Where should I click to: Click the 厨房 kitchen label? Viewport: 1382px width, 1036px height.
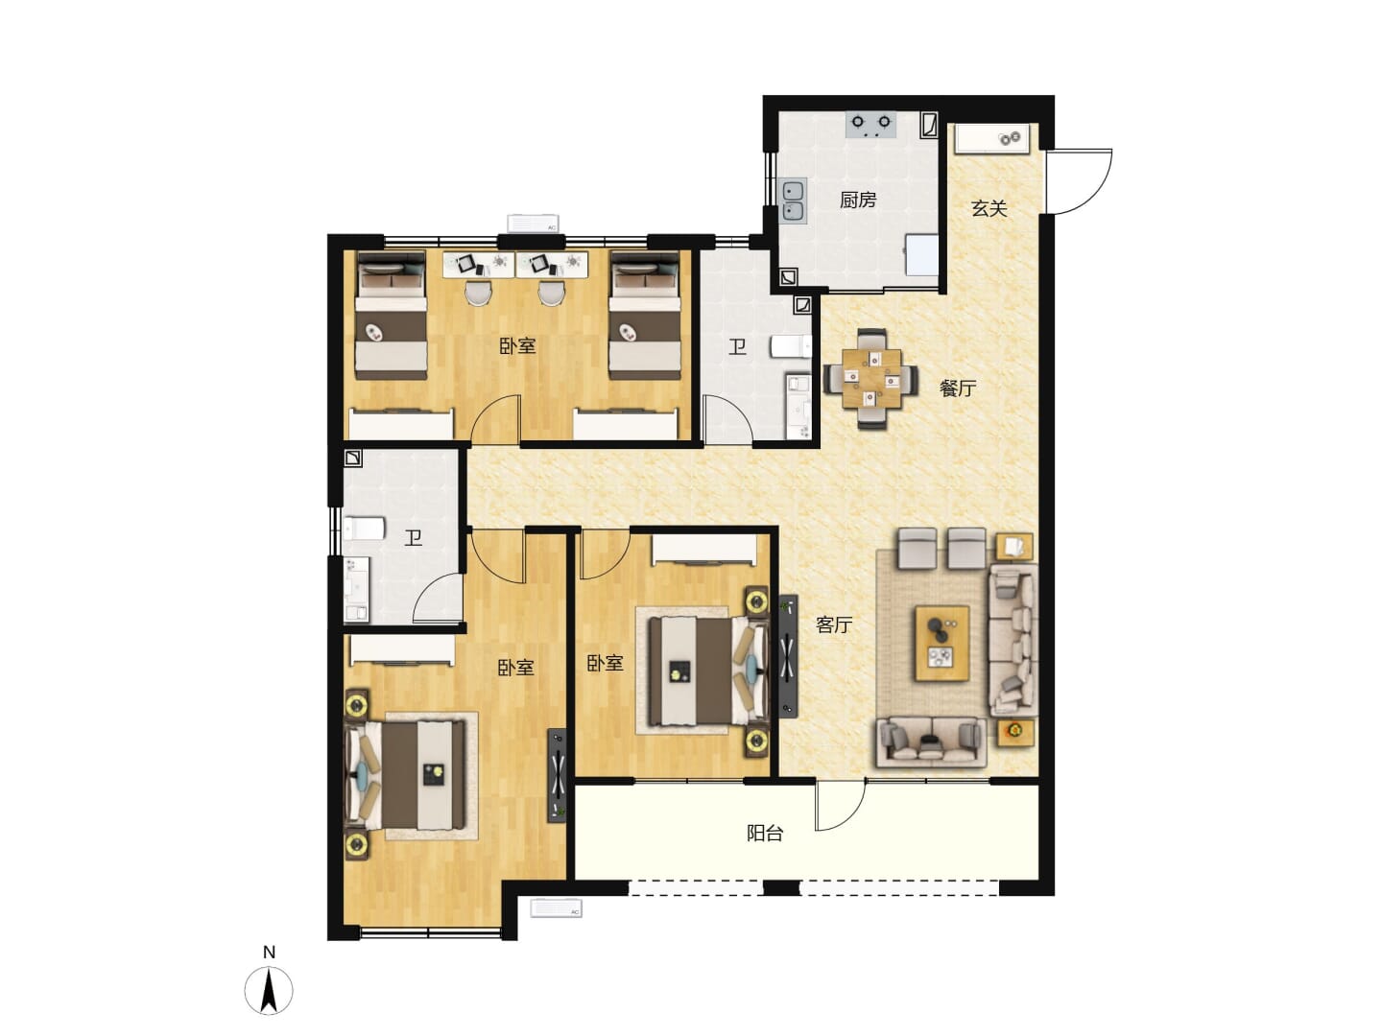pos(858,200)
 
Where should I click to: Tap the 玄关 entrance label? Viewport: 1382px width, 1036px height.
pos(989,208)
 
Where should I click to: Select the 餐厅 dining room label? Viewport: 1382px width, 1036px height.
pos(958,388)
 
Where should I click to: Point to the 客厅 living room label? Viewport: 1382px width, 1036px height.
pos(834,624)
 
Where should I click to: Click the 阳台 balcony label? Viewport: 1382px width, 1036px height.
pos(765,834)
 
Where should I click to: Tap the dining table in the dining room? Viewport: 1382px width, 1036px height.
pos(872,378)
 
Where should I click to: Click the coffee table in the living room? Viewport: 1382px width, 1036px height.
pos(941,643)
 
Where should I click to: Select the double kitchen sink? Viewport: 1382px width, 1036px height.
pos(794,201)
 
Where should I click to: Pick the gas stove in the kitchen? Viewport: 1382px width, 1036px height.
pos(871,125)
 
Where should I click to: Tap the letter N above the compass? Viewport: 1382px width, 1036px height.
pos(269,953)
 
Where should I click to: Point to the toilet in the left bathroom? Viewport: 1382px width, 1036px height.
pos(364,529)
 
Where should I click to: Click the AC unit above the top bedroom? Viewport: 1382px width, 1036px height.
pos(534,224)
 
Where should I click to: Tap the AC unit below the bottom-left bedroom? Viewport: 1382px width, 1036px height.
pos(556,908)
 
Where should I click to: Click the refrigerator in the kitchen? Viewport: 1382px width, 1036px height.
pos(921,254)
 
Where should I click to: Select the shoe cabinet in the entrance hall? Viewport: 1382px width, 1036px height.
pos(992,138)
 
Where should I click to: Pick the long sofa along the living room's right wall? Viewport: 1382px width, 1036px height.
pos(1013,640)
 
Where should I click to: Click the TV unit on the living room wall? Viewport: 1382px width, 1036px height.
pos(788,657)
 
